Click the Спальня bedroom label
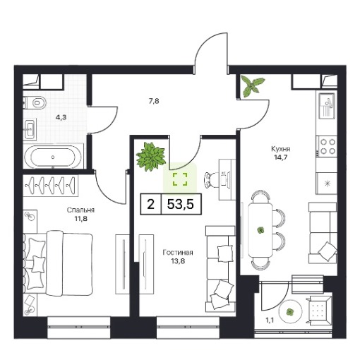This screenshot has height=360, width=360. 80,210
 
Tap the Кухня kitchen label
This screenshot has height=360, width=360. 281,149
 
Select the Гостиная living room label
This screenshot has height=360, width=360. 178,253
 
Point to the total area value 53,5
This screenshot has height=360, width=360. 181,204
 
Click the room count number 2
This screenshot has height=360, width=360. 150,204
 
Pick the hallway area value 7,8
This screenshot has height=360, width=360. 154,101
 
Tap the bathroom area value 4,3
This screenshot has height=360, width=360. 61,117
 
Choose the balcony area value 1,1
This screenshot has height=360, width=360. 270,320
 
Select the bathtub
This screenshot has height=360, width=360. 53,157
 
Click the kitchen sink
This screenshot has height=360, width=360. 327,106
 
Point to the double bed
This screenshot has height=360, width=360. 58,263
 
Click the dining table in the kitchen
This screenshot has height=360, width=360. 260,230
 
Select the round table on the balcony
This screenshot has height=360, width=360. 290,312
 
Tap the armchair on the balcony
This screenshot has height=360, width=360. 319,311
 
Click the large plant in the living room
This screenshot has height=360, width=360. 151,156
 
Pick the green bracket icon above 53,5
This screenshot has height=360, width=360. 180,179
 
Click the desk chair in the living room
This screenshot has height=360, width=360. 210,180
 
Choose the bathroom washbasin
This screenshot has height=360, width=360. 30,129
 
